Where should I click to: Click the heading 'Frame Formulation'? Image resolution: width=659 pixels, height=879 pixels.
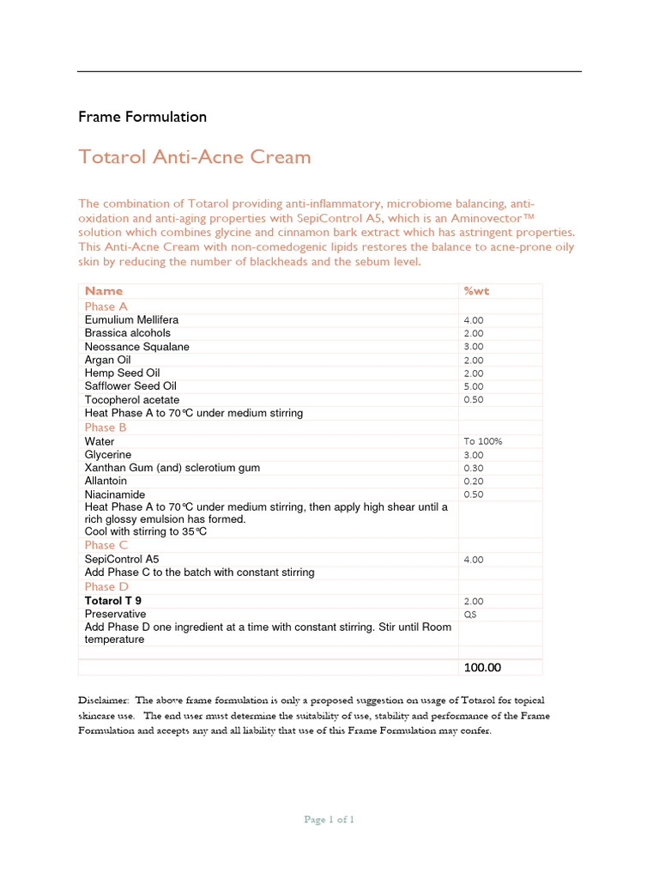142,117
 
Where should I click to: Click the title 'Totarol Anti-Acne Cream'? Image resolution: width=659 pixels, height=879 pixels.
195,157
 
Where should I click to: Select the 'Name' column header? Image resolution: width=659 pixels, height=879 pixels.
104,291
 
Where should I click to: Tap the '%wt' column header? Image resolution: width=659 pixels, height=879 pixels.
476,291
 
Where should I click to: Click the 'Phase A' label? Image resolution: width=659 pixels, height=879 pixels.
106,306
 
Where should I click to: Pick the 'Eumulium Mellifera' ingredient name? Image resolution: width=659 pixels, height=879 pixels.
131,320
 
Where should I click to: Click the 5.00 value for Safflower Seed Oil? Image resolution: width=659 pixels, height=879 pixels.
474,387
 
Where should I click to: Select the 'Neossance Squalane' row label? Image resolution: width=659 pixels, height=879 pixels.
137,347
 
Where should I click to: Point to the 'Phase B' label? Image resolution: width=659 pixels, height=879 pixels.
106,427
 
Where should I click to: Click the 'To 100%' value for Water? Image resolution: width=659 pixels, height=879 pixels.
483,442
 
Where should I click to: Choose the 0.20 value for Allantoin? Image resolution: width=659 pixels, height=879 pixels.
474,482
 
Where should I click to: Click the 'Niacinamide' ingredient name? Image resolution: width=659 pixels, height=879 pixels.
115,495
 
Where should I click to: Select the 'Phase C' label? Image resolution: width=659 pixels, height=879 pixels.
106,545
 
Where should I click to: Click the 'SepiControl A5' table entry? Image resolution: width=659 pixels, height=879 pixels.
122,559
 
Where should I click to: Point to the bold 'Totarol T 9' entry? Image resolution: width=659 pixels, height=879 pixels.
113,601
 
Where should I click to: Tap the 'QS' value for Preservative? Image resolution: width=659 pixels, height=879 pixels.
469,615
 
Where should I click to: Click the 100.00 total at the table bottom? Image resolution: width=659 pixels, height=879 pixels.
482,668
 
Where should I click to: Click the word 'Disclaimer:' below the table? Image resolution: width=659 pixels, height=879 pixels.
104,700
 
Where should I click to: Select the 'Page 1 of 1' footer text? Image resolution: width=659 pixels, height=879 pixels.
329,820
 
